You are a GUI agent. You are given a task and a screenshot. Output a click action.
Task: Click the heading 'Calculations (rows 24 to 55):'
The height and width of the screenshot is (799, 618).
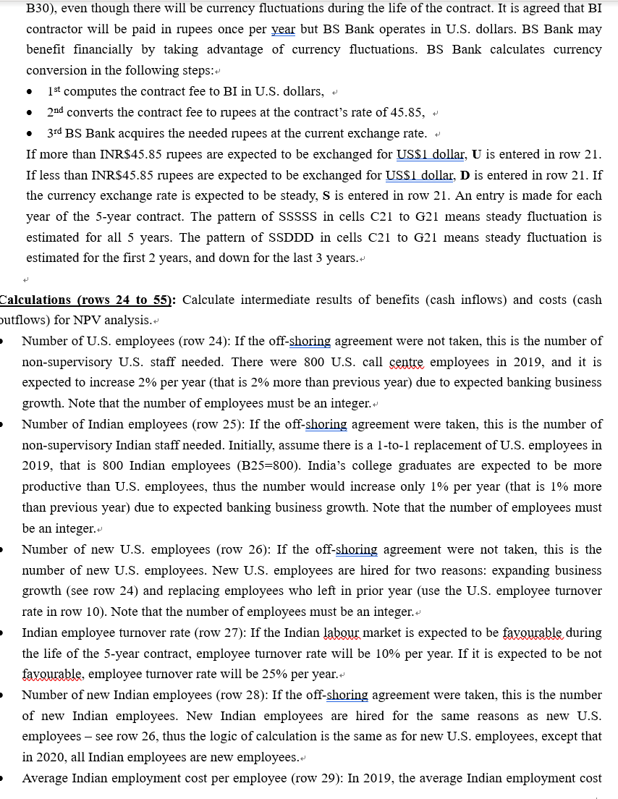87,300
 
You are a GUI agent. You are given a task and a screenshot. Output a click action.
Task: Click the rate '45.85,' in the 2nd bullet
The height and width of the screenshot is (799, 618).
406,113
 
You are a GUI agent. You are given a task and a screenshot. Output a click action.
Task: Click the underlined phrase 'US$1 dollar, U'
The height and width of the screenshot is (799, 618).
432,154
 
